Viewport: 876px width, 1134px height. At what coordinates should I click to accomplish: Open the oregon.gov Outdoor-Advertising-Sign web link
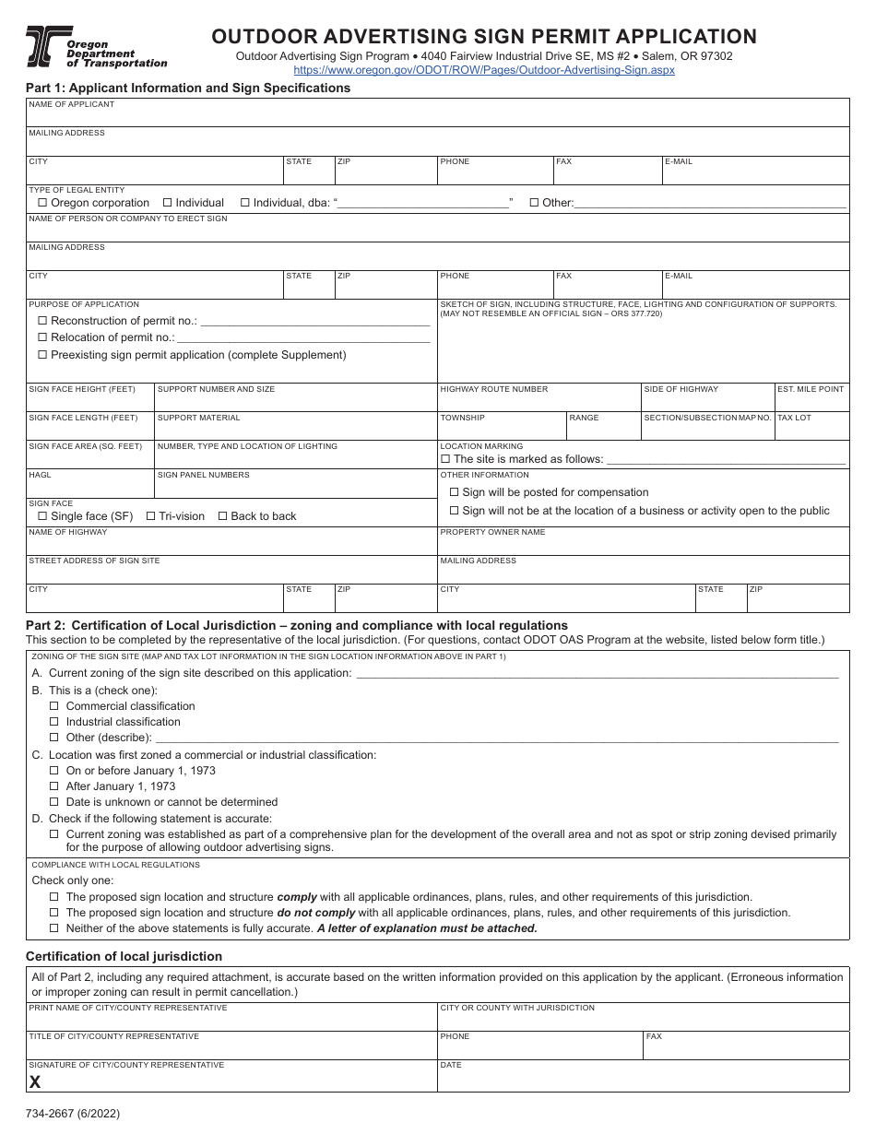(x=484, y=70)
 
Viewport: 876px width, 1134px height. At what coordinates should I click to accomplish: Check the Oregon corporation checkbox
(x=42, y=203)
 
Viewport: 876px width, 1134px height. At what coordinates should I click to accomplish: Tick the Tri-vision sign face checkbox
(x=150, y=516)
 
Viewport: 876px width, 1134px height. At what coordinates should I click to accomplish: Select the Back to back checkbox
(x=222, y=516)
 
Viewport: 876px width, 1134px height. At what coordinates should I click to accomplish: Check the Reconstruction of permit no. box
(x=42, y=321)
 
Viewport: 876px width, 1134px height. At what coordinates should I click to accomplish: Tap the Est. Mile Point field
(x=811, y=402)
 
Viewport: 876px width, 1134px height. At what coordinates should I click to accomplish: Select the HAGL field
(x=89, y=488)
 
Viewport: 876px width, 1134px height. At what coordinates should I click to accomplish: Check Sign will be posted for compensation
(x=454, y=492)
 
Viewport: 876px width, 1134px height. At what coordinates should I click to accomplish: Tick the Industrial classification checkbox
(x=54, y=722)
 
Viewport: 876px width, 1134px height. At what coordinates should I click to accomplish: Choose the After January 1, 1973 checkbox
(x=54, y=786)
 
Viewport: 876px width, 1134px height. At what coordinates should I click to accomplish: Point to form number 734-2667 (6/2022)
(x=73, y=1114)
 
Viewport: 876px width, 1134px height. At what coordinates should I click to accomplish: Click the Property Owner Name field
(x=642, y=545)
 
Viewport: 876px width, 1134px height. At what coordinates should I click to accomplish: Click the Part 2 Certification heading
(x=297, y=625)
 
